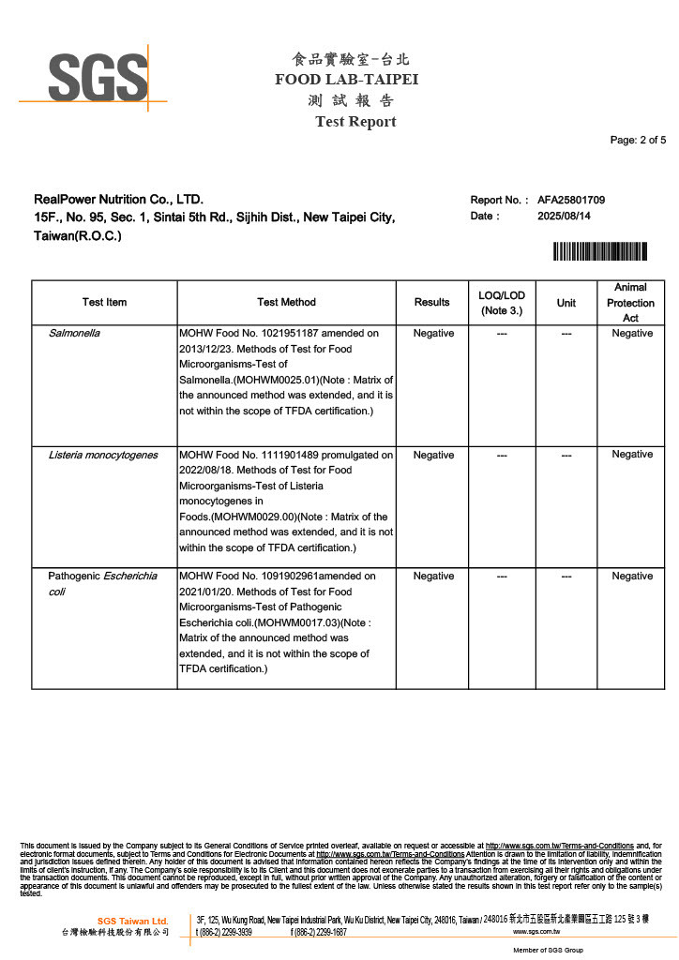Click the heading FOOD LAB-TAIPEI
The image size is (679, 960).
346,80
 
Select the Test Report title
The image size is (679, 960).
355,122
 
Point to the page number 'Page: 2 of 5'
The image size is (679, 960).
638,141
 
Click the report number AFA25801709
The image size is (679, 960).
570,200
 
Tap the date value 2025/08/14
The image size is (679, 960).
564,217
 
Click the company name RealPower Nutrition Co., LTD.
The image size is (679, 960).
118,200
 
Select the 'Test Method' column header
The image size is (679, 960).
286,302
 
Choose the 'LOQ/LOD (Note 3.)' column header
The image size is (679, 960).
502,302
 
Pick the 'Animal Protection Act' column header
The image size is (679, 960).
630,302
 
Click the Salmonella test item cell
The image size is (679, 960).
74,333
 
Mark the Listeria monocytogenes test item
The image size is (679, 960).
103,455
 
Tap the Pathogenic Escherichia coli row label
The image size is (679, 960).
102,583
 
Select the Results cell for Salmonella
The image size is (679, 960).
433,333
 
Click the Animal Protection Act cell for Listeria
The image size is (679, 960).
631,455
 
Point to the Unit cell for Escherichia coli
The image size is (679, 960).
566,576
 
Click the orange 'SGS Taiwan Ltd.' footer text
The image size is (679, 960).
132,921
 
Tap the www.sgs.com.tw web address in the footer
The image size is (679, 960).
536,933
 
